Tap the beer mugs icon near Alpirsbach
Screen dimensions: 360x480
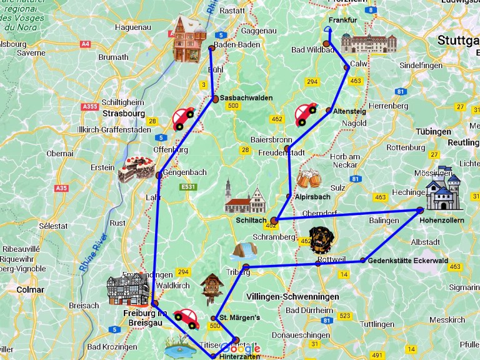pos(308,180)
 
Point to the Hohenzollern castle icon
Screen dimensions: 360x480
pos(443,189)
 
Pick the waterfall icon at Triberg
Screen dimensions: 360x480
pos(244,251)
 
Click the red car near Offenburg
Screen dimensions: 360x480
pos(182,117)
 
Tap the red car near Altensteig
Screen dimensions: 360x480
pos(306,114)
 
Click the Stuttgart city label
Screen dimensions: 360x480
pos(458,41)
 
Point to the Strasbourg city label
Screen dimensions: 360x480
pos(123,113)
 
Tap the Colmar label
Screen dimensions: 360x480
pos(30,289)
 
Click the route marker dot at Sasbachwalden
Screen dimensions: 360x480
pos(214,98)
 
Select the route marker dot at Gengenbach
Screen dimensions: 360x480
pos(159,175)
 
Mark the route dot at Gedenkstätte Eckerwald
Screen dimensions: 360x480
pos(363,260)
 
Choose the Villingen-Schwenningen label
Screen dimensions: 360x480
pos(292,296)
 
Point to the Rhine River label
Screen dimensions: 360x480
pos(94,253)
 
